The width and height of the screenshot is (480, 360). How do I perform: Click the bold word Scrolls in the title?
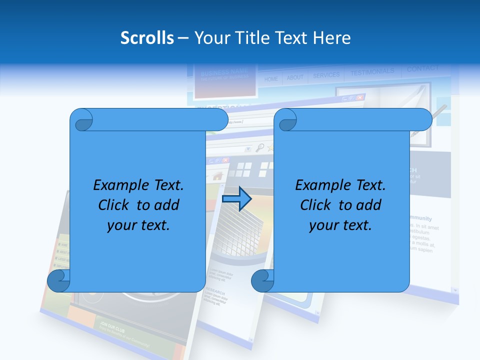click(x=147, y=38)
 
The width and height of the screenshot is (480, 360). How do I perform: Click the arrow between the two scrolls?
click(x=236, y=199)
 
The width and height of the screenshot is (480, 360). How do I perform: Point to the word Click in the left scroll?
click(x=115, y=205)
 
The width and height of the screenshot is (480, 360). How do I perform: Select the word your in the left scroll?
click(x=120, y=225)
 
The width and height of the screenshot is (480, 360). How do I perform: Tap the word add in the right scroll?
click(x=369, y=205)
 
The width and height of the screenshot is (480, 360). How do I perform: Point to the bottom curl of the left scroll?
click(x=58, y=280)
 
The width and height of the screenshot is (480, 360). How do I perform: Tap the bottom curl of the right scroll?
click(x=262, y=280)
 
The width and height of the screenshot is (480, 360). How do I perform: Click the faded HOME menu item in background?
click(x=271, y=79)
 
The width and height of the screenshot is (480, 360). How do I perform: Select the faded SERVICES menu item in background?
click(x=326, y=75)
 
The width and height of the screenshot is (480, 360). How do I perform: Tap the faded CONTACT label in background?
click(x=422, y=68)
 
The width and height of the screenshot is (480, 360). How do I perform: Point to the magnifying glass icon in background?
click(x=259, y=147)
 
